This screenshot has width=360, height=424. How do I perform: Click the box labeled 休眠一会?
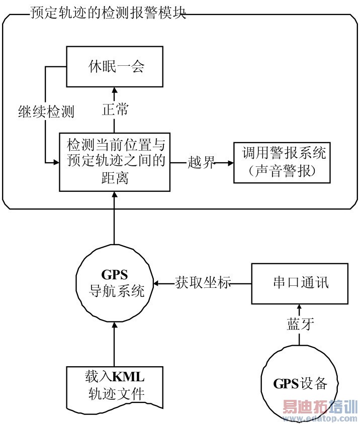(x=114, y=66)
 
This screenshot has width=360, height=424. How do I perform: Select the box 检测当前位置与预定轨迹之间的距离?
(x=114, y=162)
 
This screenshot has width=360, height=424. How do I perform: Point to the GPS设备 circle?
(x=300, y=384)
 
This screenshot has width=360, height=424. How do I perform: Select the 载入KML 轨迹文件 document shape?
(x=115, y=385)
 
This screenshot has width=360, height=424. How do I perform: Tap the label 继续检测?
(x=45, y=112)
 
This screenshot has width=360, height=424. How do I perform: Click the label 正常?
(x=115, y=110)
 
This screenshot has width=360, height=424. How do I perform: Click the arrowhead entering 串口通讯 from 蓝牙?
(x=300, y=306)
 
